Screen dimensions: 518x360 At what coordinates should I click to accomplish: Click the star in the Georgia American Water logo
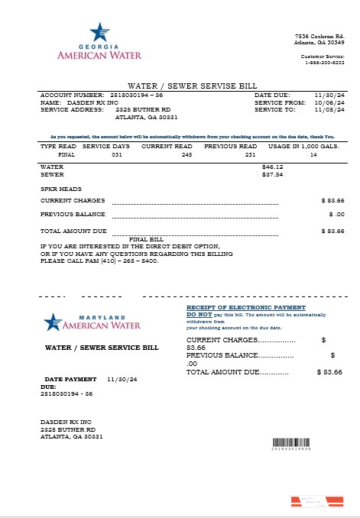coord(99,32)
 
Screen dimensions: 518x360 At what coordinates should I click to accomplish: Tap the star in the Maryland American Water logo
coord(52,322)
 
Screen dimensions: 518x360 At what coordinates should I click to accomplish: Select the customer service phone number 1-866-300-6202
coord(323,63)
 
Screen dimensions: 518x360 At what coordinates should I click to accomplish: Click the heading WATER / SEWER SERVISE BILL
coord(180,86)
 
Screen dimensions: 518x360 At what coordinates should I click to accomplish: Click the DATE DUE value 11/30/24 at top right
coord(330,95)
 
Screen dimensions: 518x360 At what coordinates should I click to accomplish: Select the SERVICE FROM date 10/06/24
coord(330,102)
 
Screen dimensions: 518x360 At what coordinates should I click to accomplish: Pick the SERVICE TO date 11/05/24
coord(330,110)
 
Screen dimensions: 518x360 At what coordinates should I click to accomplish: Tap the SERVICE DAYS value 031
coord(116,154)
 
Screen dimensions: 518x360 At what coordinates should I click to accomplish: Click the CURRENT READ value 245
coord(186,154)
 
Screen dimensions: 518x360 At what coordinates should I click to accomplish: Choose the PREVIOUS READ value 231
coord(249,154)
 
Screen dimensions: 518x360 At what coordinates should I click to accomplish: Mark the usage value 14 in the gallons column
coord(313,154)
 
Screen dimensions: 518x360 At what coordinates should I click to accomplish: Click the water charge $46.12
coord(272,167)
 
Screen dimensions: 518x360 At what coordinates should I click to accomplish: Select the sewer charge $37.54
coord(272,174)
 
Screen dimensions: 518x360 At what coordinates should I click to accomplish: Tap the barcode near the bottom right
coord(292,443)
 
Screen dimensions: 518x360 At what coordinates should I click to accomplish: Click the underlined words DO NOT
coord(199,315)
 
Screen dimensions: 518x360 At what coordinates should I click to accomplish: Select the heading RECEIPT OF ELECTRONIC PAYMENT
coord(242,307)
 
